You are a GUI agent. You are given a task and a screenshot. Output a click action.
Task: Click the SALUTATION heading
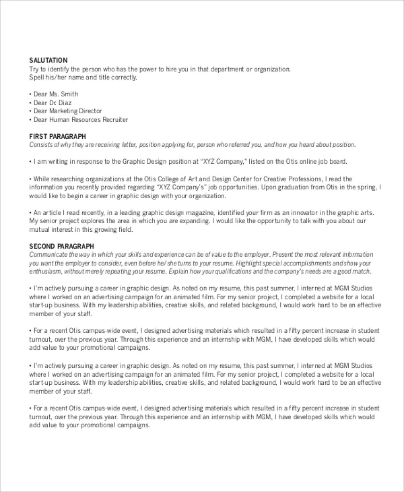click(x=48, y=61)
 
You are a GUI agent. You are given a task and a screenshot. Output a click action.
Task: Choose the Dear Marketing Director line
click(x=67, y=111)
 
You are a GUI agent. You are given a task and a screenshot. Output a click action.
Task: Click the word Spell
click(x=36, y=78)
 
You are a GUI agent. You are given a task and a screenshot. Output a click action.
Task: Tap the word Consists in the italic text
click(x=42, y=145)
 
